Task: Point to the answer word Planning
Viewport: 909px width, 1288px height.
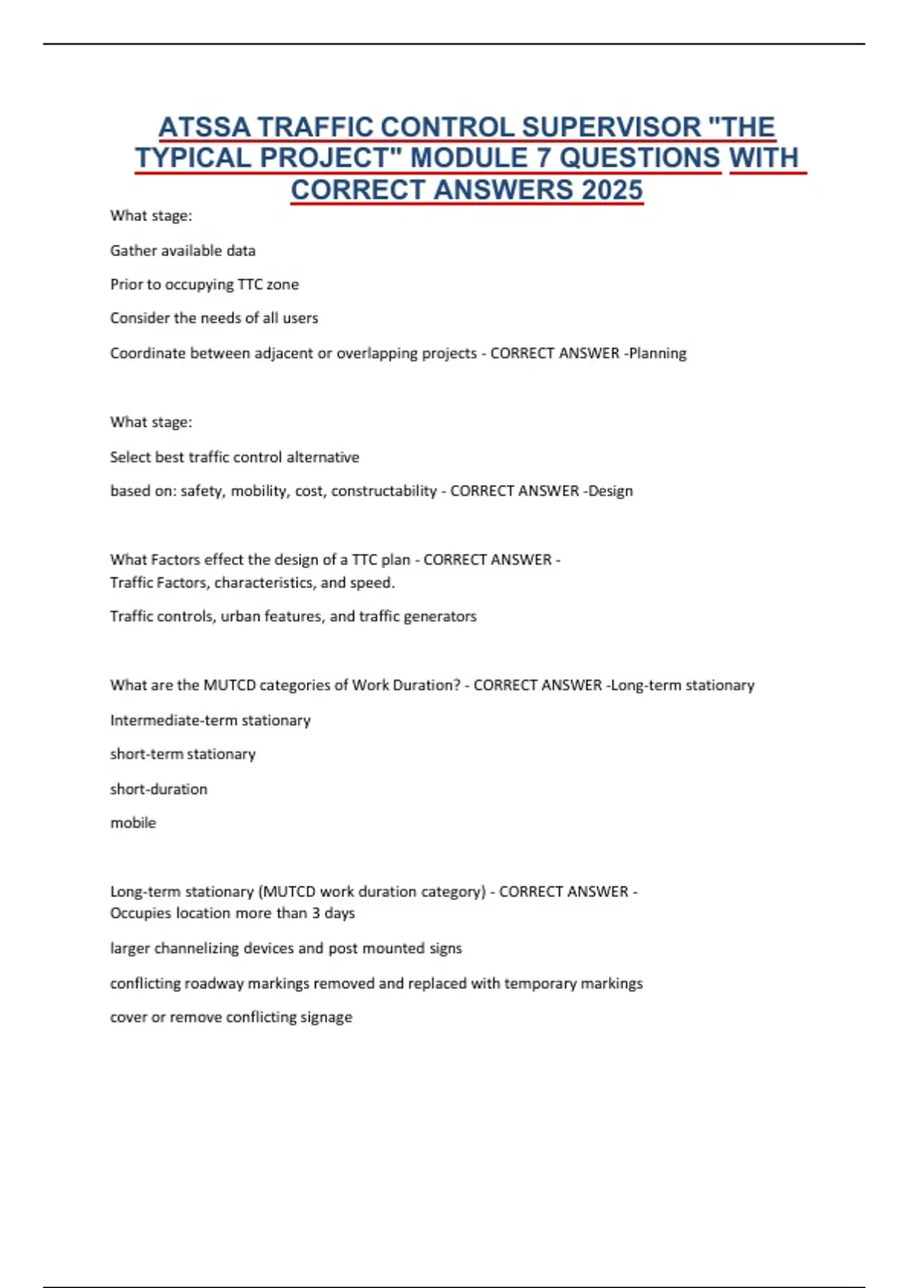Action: coord(658,353)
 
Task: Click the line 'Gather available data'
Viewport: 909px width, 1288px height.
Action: coord(183,251)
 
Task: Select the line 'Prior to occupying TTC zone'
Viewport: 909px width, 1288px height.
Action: coord(205,284)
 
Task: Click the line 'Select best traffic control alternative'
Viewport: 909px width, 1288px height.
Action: coord(235,457)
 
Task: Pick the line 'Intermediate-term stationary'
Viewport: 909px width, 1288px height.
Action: coord(211,720)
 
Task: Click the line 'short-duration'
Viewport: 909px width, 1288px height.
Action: coord(158,789)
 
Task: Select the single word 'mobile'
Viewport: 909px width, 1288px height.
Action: coord(133,823)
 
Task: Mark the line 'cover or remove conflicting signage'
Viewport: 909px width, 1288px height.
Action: coord(231,1017)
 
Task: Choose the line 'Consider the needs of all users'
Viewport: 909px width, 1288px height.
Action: coord(214,318)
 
